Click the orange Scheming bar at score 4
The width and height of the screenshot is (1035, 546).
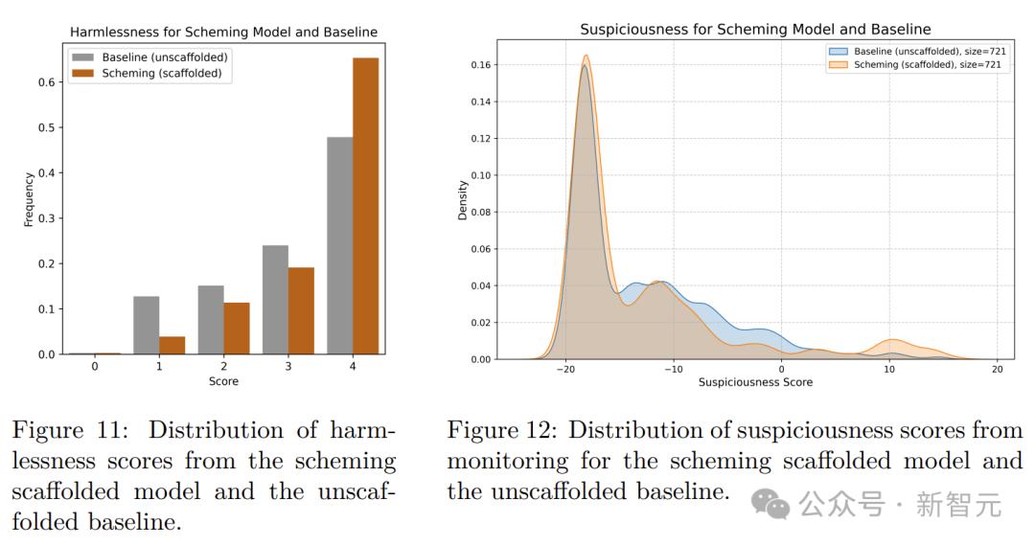tap(365, 206)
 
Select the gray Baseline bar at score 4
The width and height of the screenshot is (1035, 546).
tap(339, 246)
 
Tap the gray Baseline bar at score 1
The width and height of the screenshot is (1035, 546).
tap(146, 326)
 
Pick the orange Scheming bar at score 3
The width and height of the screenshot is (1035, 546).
tap(301, 310)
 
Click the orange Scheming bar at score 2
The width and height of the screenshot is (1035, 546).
tap(237, 329)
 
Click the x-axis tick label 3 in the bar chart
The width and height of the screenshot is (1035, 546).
tap(287, 366)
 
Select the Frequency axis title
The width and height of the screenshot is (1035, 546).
tap(29, 199)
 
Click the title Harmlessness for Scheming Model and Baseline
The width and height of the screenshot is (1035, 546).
tap(223, 32)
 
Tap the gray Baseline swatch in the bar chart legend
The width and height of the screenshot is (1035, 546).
tap(84, 57)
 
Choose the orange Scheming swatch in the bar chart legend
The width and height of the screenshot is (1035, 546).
tap(84, 73)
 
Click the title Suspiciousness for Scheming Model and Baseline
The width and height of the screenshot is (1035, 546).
tap(755, 30)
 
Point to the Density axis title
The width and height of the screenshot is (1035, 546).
tap(463, 200)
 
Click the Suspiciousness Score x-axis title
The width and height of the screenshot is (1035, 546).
tap(755, 382)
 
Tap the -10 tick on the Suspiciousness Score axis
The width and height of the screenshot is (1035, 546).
tap(673, 370)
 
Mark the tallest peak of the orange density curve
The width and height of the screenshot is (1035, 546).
tap(585, 56)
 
